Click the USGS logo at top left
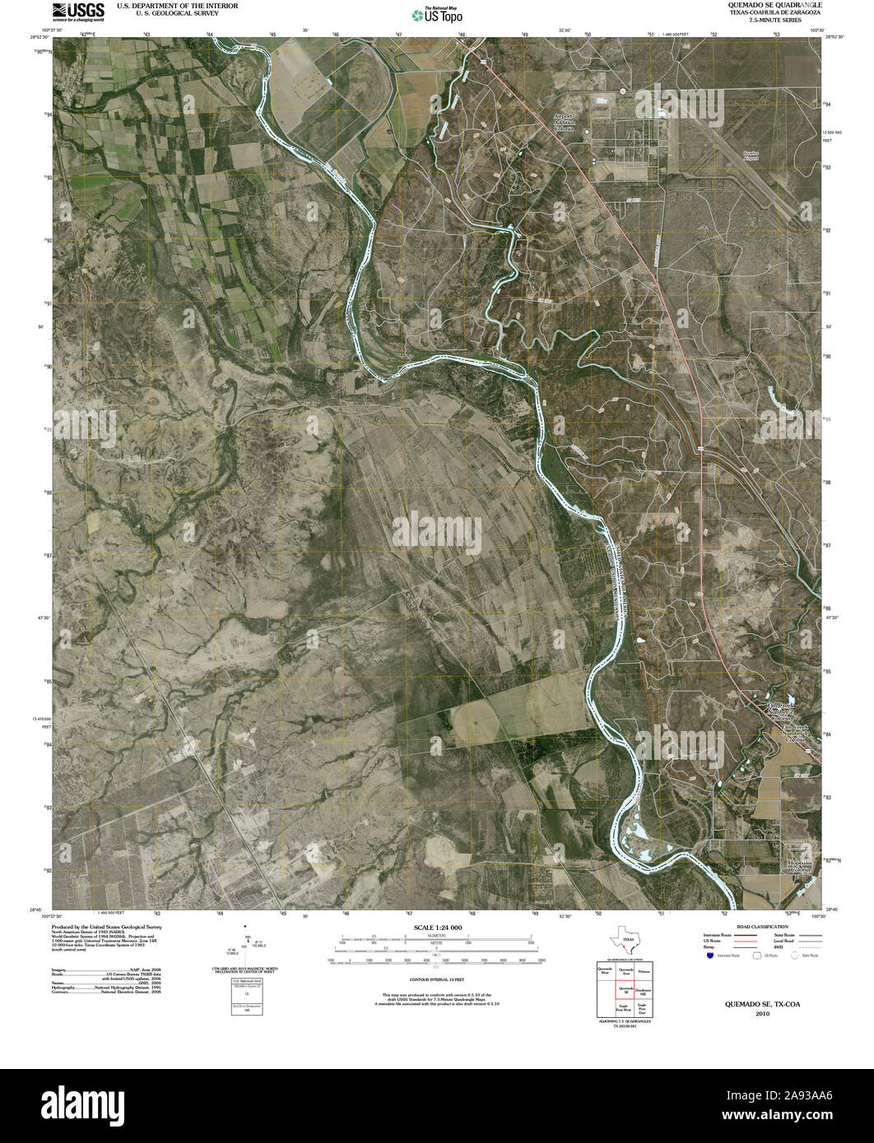pos(78,11)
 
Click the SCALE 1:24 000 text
pos(436,928)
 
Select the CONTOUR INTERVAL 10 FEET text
pos(436,980)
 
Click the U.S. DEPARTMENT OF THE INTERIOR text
pos(178,6)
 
